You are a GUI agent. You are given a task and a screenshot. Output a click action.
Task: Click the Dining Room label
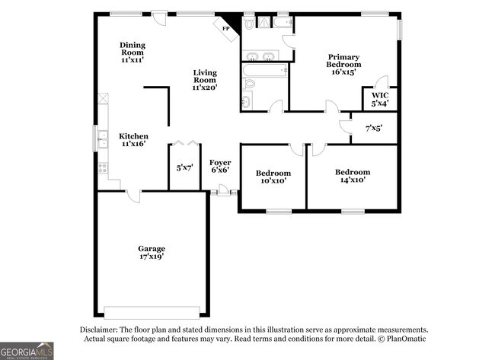click(x=132, y=52)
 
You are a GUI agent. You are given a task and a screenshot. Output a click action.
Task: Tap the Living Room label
click(x=204, y=80)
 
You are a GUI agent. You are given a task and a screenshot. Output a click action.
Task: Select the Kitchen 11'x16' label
click(x=132, y=140)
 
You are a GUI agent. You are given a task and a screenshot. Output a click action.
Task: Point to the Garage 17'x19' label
click(x=151, y=253)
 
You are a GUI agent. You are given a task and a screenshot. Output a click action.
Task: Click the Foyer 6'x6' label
click(x=220, y=166)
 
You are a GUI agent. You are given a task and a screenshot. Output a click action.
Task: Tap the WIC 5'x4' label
click(x=380, y=99)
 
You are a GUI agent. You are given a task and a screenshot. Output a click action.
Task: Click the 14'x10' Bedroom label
click(x=353, y=176)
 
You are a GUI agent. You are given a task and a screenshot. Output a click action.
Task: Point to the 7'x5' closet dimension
click(x=373, y=128)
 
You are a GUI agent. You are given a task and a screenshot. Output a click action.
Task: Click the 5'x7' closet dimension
click(x=184, y=167)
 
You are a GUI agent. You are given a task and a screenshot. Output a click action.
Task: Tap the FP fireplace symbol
click(x=227, y=27)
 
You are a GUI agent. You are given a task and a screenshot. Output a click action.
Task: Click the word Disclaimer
click(x=100, y=330)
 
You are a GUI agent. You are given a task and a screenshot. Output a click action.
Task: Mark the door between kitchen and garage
click(x=133, y=195)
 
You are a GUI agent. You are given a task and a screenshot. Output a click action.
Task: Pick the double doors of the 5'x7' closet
click(x=184, y=142)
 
